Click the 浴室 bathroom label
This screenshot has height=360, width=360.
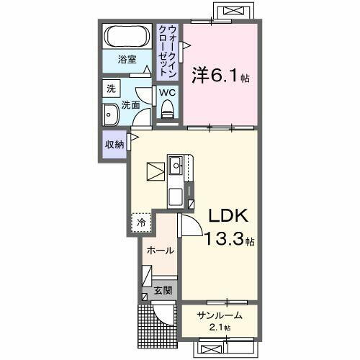pos(127,60)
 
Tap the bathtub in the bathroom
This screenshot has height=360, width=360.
pos(127,35)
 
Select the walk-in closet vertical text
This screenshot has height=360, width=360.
pos(166,50)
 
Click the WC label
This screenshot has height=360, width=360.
pos(167,92)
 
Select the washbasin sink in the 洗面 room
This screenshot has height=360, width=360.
pos(112,114)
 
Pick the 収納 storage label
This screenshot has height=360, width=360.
pos(114,144)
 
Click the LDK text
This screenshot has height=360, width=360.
pos(229,215)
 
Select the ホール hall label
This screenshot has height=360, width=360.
pos(159,251)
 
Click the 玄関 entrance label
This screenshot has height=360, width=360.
pos(163,291)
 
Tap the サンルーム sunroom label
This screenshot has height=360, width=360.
pos(216,315)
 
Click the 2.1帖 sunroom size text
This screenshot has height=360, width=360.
pos(217,328)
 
